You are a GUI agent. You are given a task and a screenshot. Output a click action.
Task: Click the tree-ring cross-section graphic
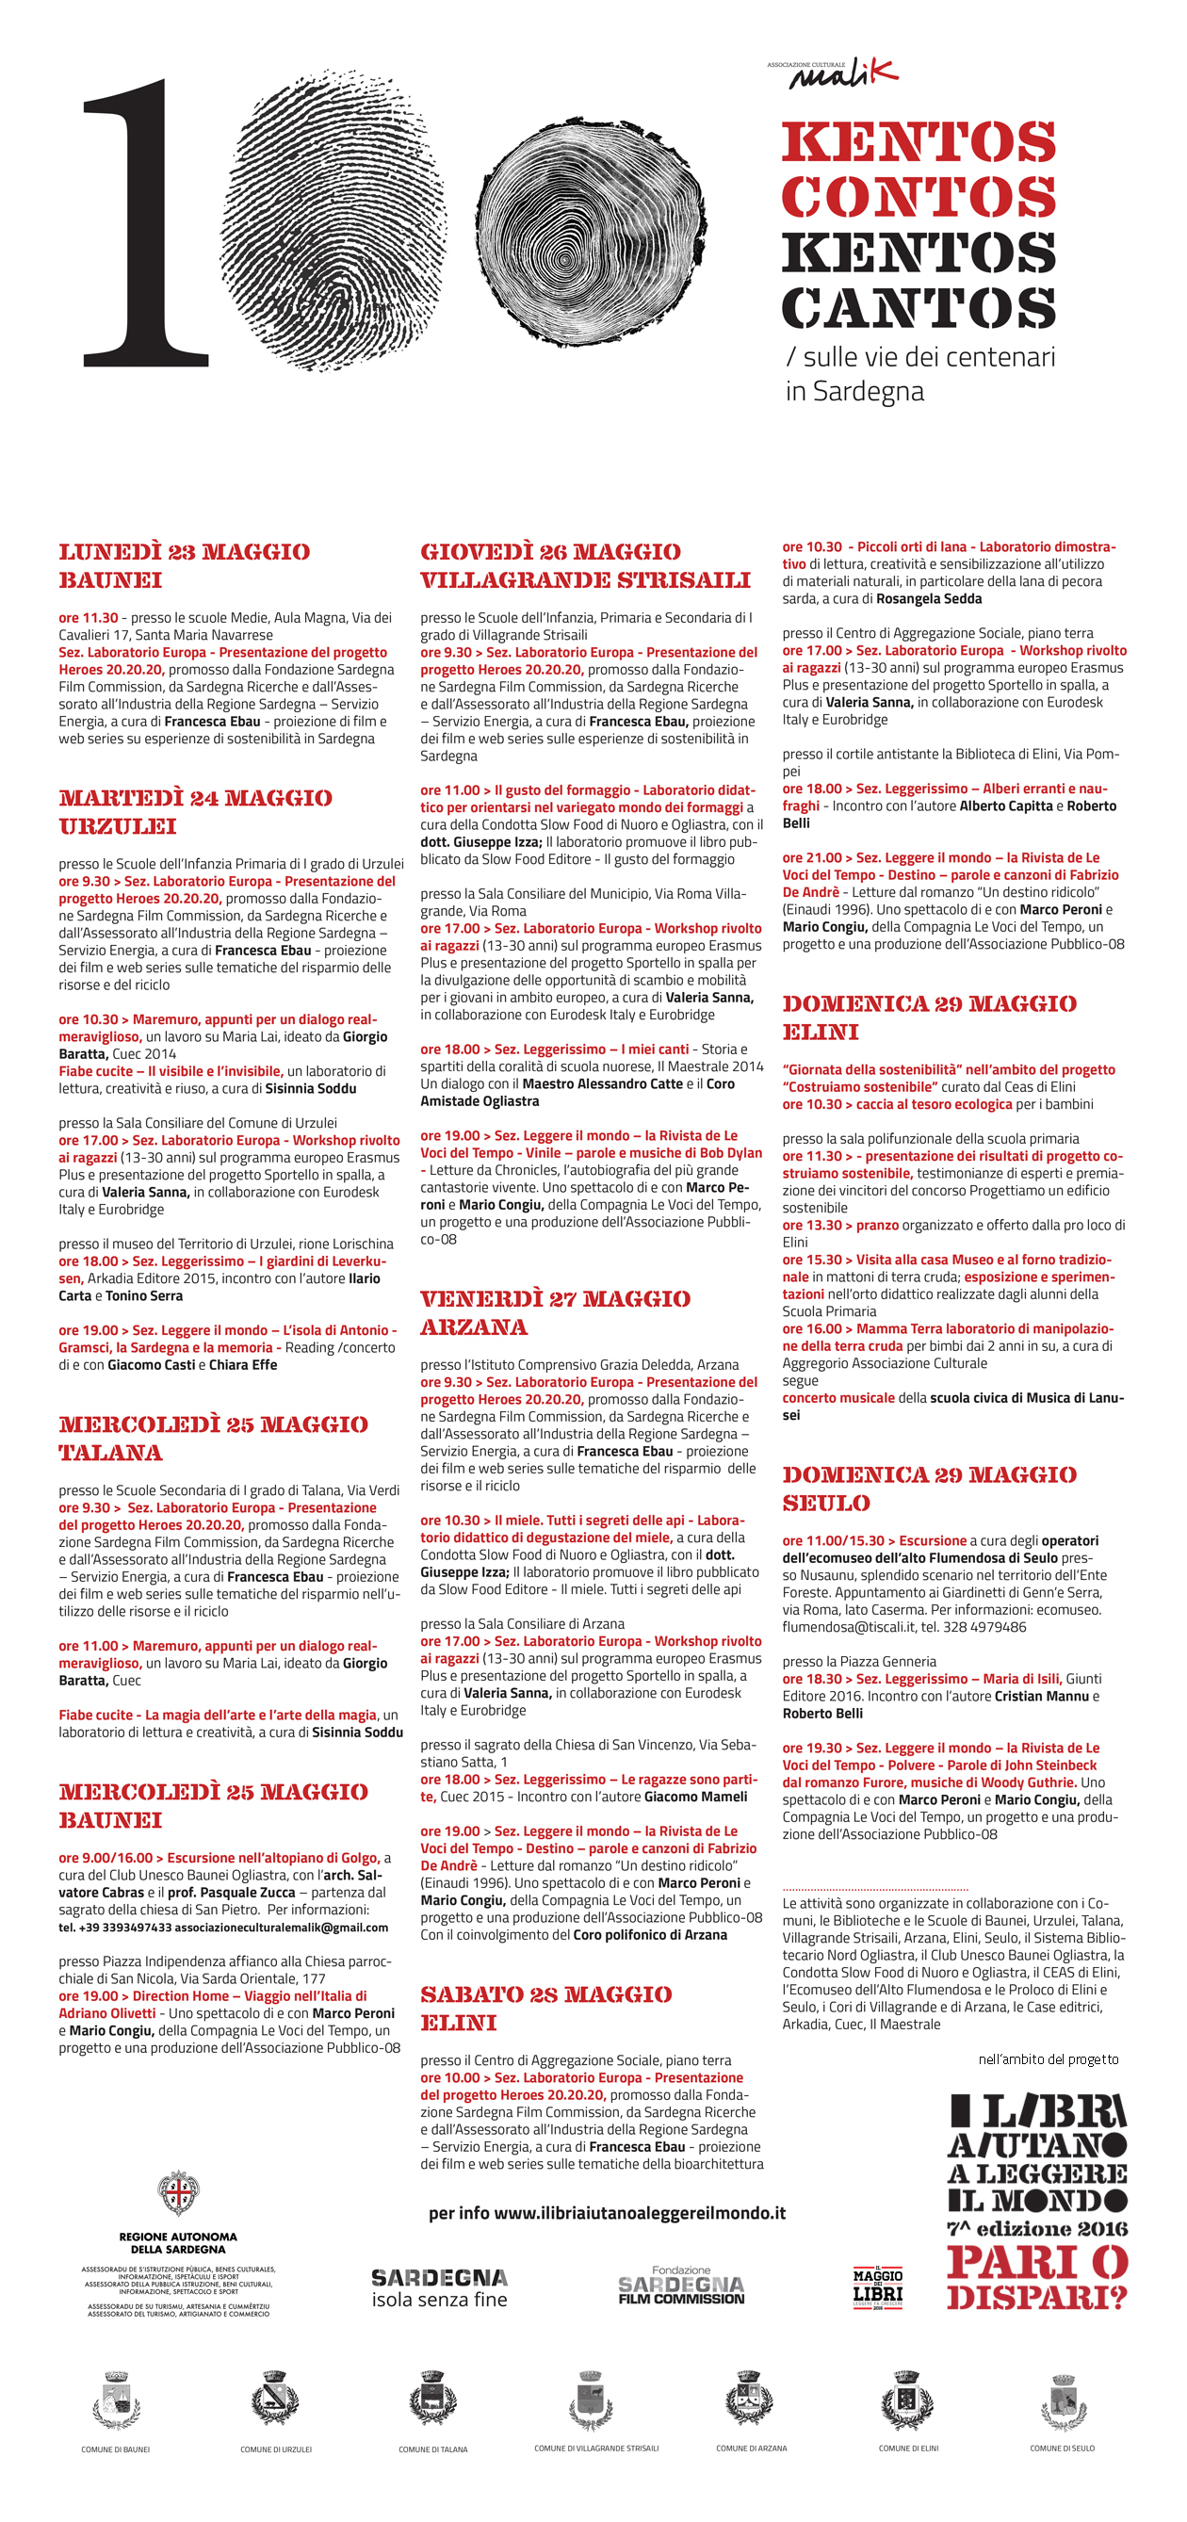592,232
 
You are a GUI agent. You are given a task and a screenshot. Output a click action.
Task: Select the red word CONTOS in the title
919,197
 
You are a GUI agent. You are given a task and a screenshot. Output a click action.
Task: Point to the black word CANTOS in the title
919,307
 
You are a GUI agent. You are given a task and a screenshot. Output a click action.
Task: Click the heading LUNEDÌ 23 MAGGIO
184,552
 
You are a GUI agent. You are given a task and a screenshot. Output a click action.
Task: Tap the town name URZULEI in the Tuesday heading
118,826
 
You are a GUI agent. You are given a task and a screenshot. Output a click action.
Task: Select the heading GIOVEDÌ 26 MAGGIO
550,552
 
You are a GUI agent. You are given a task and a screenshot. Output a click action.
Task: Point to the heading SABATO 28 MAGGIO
545,1994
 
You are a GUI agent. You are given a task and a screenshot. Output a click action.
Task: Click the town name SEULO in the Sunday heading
825,1503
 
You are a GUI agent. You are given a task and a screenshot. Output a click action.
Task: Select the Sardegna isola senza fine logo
440,2289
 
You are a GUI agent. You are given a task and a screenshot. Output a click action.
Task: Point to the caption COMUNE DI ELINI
908,2449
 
